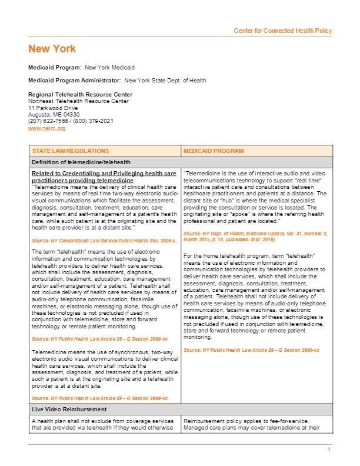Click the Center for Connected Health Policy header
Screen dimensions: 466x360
[282, 31]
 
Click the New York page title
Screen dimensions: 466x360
[52, 49]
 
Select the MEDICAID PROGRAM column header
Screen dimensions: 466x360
[213, 151]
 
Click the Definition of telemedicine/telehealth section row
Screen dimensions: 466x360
[81, 162]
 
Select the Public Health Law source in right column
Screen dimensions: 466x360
[251, 350]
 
